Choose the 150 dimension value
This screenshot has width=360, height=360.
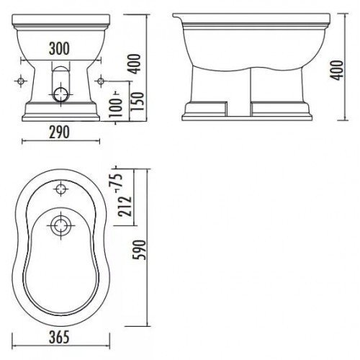coord(127,99)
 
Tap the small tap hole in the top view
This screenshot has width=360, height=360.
coord(61,191)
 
